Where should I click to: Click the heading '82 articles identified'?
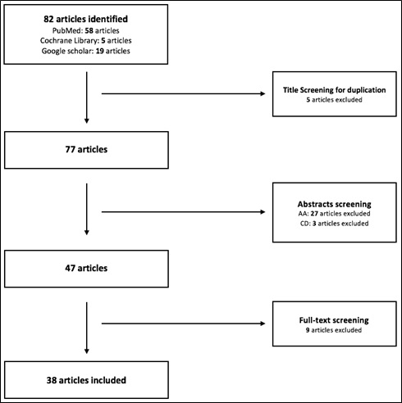(85, 19)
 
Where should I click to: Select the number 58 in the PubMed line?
(89, 30)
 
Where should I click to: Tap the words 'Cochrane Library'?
(69, 41)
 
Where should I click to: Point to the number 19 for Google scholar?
(99, 51)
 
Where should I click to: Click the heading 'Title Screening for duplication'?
(334, 90)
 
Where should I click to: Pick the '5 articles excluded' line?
(334, 100)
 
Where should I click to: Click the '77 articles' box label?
(86, 149)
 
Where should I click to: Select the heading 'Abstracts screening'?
(334, 204)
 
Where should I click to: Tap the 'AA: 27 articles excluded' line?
(334, 214)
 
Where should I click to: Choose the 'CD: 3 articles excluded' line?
(334, 224)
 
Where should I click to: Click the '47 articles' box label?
(86, 268)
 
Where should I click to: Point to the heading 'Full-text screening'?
(334, 320)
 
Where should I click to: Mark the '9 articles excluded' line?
(334, 330)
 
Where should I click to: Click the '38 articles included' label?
(86, 380)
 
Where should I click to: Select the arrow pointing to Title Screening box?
(184, 93)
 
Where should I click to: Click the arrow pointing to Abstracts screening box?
(184, 211)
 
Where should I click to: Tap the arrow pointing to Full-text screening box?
(184, 324)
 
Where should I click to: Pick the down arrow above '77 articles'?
(87, 97)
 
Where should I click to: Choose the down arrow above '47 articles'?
(87, 209)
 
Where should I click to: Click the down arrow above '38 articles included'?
(87, 328)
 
